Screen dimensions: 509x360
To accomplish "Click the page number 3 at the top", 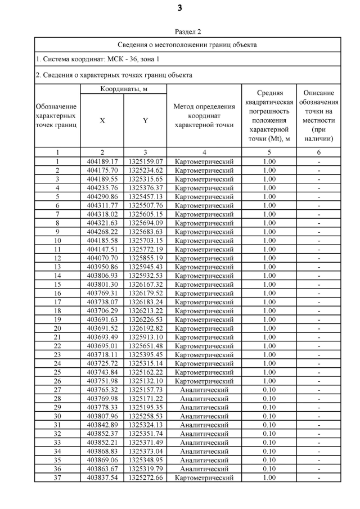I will tap(179, 8).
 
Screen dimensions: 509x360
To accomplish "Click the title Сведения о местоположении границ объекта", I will tap(187, 44).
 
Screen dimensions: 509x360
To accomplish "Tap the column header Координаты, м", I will tap(124, 89).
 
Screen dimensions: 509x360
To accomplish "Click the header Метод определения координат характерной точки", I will tap(204, 116).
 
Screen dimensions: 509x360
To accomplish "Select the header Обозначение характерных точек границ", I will tap(57, 116).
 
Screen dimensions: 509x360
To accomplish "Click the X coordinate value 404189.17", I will tap(102, 161).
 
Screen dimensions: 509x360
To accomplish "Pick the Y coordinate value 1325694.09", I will tap(145, 223).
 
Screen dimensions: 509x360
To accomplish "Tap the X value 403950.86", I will tap(102, 267).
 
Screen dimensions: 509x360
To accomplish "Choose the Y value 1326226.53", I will tap(145, 319).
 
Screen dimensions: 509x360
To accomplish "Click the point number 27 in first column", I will tap(57, 390).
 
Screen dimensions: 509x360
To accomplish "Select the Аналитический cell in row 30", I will tap(204, 416).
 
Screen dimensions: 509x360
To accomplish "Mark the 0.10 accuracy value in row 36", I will tap(269, 469).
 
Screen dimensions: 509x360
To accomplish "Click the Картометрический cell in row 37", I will tap(204, 478).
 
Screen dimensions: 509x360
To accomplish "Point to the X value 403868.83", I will tap(102, 451).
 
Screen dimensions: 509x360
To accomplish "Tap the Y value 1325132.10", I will tap(145, 381).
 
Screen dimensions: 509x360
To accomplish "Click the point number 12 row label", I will tap(57, 258).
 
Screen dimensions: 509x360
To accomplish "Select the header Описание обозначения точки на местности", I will tap(319, 116).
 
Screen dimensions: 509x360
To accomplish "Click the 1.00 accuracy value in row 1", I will tap(269, 161).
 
